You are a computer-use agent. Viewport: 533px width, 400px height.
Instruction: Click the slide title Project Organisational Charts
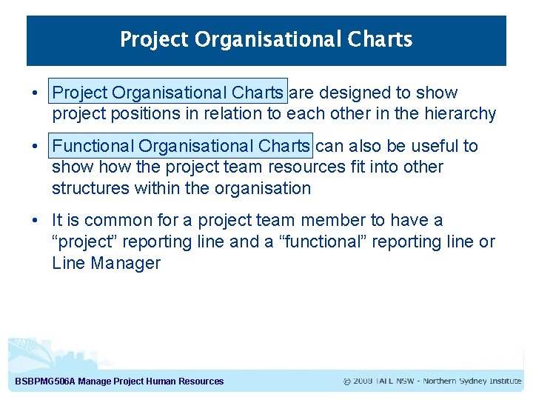pyautogui.click(x=266, y=39)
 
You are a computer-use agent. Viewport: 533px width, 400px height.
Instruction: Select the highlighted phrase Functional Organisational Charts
pyautogui.click(x=181, y=146)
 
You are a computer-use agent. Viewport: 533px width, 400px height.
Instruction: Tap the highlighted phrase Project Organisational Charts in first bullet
pyautogui.click(x=168, y=93)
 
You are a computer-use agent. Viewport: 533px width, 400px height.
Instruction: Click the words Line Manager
pyautogui.click(x=106, y=263)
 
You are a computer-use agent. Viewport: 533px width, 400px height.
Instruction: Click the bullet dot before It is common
pyautogui.click(x=35, y=220)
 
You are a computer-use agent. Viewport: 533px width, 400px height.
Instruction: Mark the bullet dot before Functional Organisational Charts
pyautogui.click(x=35, y=146)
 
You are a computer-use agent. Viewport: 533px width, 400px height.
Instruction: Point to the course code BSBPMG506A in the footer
pyautogui.click(x=44, y=381)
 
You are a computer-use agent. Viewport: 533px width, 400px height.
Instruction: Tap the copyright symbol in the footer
pyautogui.click(x=346, y=381)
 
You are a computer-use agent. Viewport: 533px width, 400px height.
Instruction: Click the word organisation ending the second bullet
pyautogui.click(x=263, y=188)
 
